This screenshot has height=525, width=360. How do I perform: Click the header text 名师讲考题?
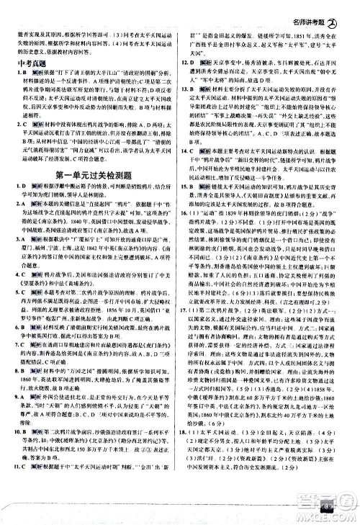315,9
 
